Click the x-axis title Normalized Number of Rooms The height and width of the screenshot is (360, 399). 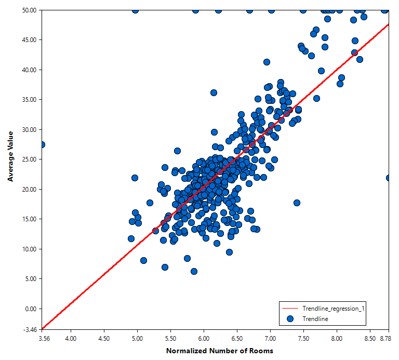coord(220,351)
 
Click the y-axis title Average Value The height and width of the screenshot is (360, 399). coord(10,156)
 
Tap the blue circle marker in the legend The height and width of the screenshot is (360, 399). coord(290,319)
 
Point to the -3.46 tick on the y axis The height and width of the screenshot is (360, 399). coord(30,330)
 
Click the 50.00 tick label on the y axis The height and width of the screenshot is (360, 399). coord(29,10)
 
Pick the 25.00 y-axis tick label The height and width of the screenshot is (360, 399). coord(29,159)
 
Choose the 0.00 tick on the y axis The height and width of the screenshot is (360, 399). coord(31,309)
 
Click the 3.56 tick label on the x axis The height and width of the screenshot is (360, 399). coord(44,339)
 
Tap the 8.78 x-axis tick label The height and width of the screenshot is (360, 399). coord(385,339)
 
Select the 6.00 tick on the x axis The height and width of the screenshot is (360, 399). coord(204,339)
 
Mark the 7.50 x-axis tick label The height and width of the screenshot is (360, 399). coord(303,339)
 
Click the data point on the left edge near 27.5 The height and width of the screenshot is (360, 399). coord(42,145)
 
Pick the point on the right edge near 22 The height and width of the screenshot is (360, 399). coord(389,178)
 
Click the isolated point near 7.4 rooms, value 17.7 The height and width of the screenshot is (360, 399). coord(297,203)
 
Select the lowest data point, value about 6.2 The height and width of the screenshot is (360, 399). coord(194,272)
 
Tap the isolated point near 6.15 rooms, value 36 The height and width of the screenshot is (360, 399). coord(214,93)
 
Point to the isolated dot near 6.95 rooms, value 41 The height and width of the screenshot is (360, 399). coord(267,62)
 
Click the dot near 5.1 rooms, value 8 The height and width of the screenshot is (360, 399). coord(143,261)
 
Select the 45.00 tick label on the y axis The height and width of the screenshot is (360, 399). coord(29,40)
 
